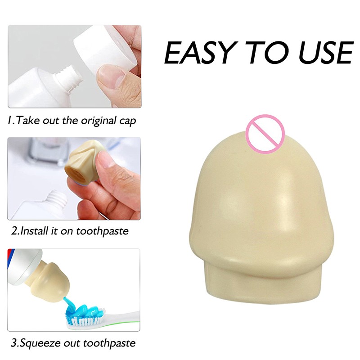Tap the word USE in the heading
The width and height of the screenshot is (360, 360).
325,53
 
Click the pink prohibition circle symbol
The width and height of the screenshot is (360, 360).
265,134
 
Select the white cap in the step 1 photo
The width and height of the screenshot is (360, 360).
105,49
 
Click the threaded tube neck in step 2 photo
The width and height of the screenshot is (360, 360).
57,199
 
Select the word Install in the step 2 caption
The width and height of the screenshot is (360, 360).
35,231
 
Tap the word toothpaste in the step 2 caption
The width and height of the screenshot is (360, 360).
102,231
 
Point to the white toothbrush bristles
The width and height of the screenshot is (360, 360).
85,319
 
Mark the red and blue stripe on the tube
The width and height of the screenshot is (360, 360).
10,258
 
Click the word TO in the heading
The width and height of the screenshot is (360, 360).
267,53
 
